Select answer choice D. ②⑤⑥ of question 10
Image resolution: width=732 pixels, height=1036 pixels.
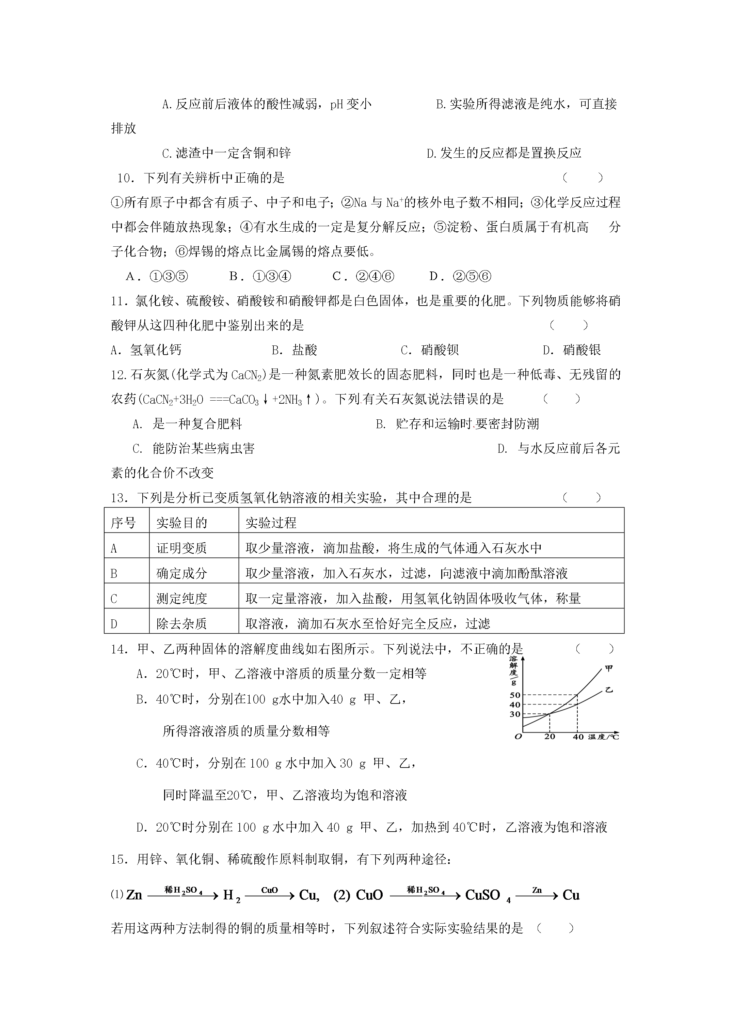(x=460, y=276)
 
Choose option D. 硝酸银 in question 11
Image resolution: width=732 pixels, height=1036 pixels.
(x=572, y=350)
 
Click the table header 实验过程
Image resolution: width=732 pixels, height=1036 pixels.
(x=271, y=523)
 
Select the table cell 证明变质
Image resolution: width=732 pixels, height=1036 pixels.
(x=181, y=548)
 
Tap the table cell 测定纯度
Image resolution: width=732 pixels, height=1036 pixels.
(x=181, y=598)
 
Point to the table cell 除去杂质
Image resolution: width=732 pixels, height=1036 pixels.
(x=181, y=623)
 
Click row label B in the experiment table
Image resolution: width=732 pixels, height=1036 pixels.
(x=114, y=573)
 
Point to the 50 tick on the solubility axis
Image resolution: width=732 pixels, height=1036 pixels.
(x=514, y=695)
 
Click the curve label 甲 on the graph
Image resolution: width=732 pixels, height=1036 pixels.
(x=609, y=668)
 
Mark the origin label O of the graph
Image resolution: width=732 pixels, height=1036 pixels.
(x=518, y=737)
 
